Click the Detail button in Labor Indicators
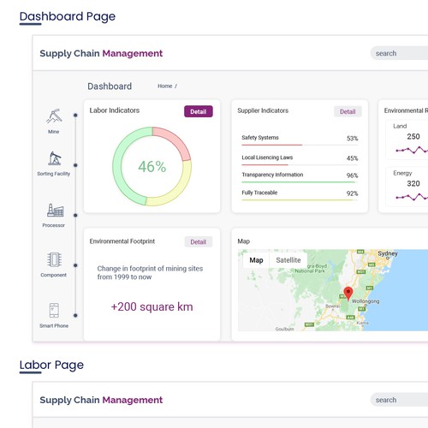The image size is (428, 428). (198, 111)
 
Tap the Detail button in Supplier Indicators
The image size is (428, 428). (348, 111)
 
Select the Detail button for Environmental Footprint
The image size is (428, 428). (198, 242)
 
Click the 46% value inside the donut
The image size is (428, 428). (152, 167)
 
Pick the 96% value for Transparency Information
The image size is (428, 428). (352, 175)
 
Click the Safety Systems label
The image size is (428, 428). (259, 138)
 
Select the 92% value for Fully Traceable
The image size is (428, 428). (352, 194)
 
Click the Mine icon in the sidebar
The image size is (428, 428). (54, 116)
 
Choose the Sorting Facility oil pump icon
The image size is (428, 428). (54, 158)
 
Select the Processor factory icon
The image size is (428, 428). (54, 210)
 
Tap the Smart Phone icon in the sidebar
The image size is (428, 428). (54, 311)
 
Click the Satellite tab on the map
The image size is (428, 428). (288, 260)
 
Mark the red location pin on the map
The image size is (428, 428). (348, 294)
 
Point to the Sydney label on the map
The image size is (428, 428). (388, 254)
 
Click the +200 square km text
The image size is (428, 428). (152, 306)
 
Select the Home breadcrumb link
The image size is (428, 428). (164, 86)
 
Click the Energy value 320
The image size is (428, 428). (413, 183)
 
